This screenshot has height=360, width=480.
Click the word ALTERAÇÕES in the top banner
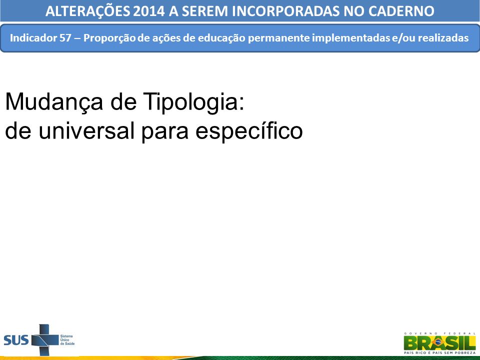(x=87, y=10)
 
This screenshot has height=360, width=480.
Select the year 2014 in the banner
(x=149, y=11)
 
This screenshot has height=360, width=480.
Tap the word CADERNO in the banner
(x=401, y=11)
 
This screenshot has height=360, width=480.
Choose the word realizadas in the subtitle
(x=443, y=38)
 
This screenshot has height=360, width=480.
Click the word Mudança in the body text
(x=54, y=102)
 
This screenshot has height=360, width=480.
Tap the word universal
(x=86, y=130)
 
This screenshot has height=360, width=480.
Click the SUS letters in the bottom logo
(x=16, y=340)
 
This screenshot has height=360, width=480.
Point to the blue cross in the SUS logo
(x=44, y=340)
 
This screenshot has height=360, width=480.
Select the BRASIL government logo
(x=439, y=343)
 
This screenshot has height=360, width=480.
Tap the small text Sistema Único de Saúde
(x=67, y=340)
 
